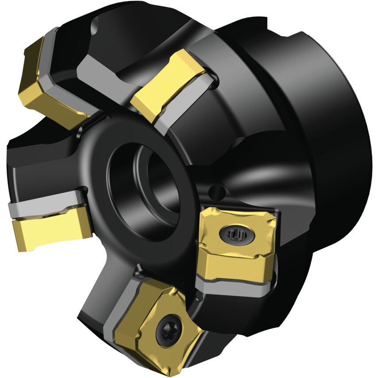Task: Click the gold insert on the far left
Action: coord(49,230)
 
